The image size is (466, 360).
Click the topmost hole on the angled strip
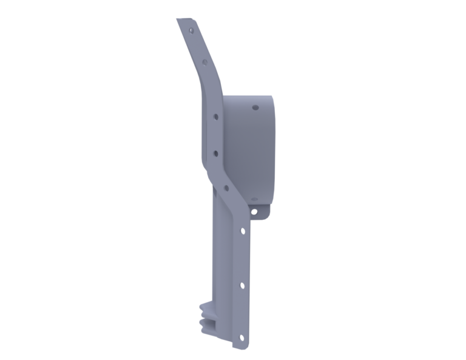click(x=192, y=29)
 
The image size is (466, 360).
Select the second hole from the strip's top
click(x=204, y=61)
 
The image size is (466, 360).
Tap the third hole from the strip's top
click(x=214, y=115)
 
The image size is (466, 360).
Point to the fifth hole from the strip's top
click(x=226, y=188)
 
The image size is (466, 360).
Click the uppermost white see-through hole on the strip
click(x=243, y=231)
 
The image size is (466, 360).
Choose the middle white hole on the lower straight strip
click(x=242, y=284)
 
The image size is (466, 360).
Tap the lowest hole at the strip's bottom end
click(x=241, y=337)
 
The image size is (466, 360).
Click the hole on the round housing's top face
click(x=255, y=107)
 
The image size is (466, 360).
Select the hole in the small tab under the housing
click(x=254, y=212)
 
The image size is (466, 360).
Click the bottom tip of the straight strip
click(x=241, y=348)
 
